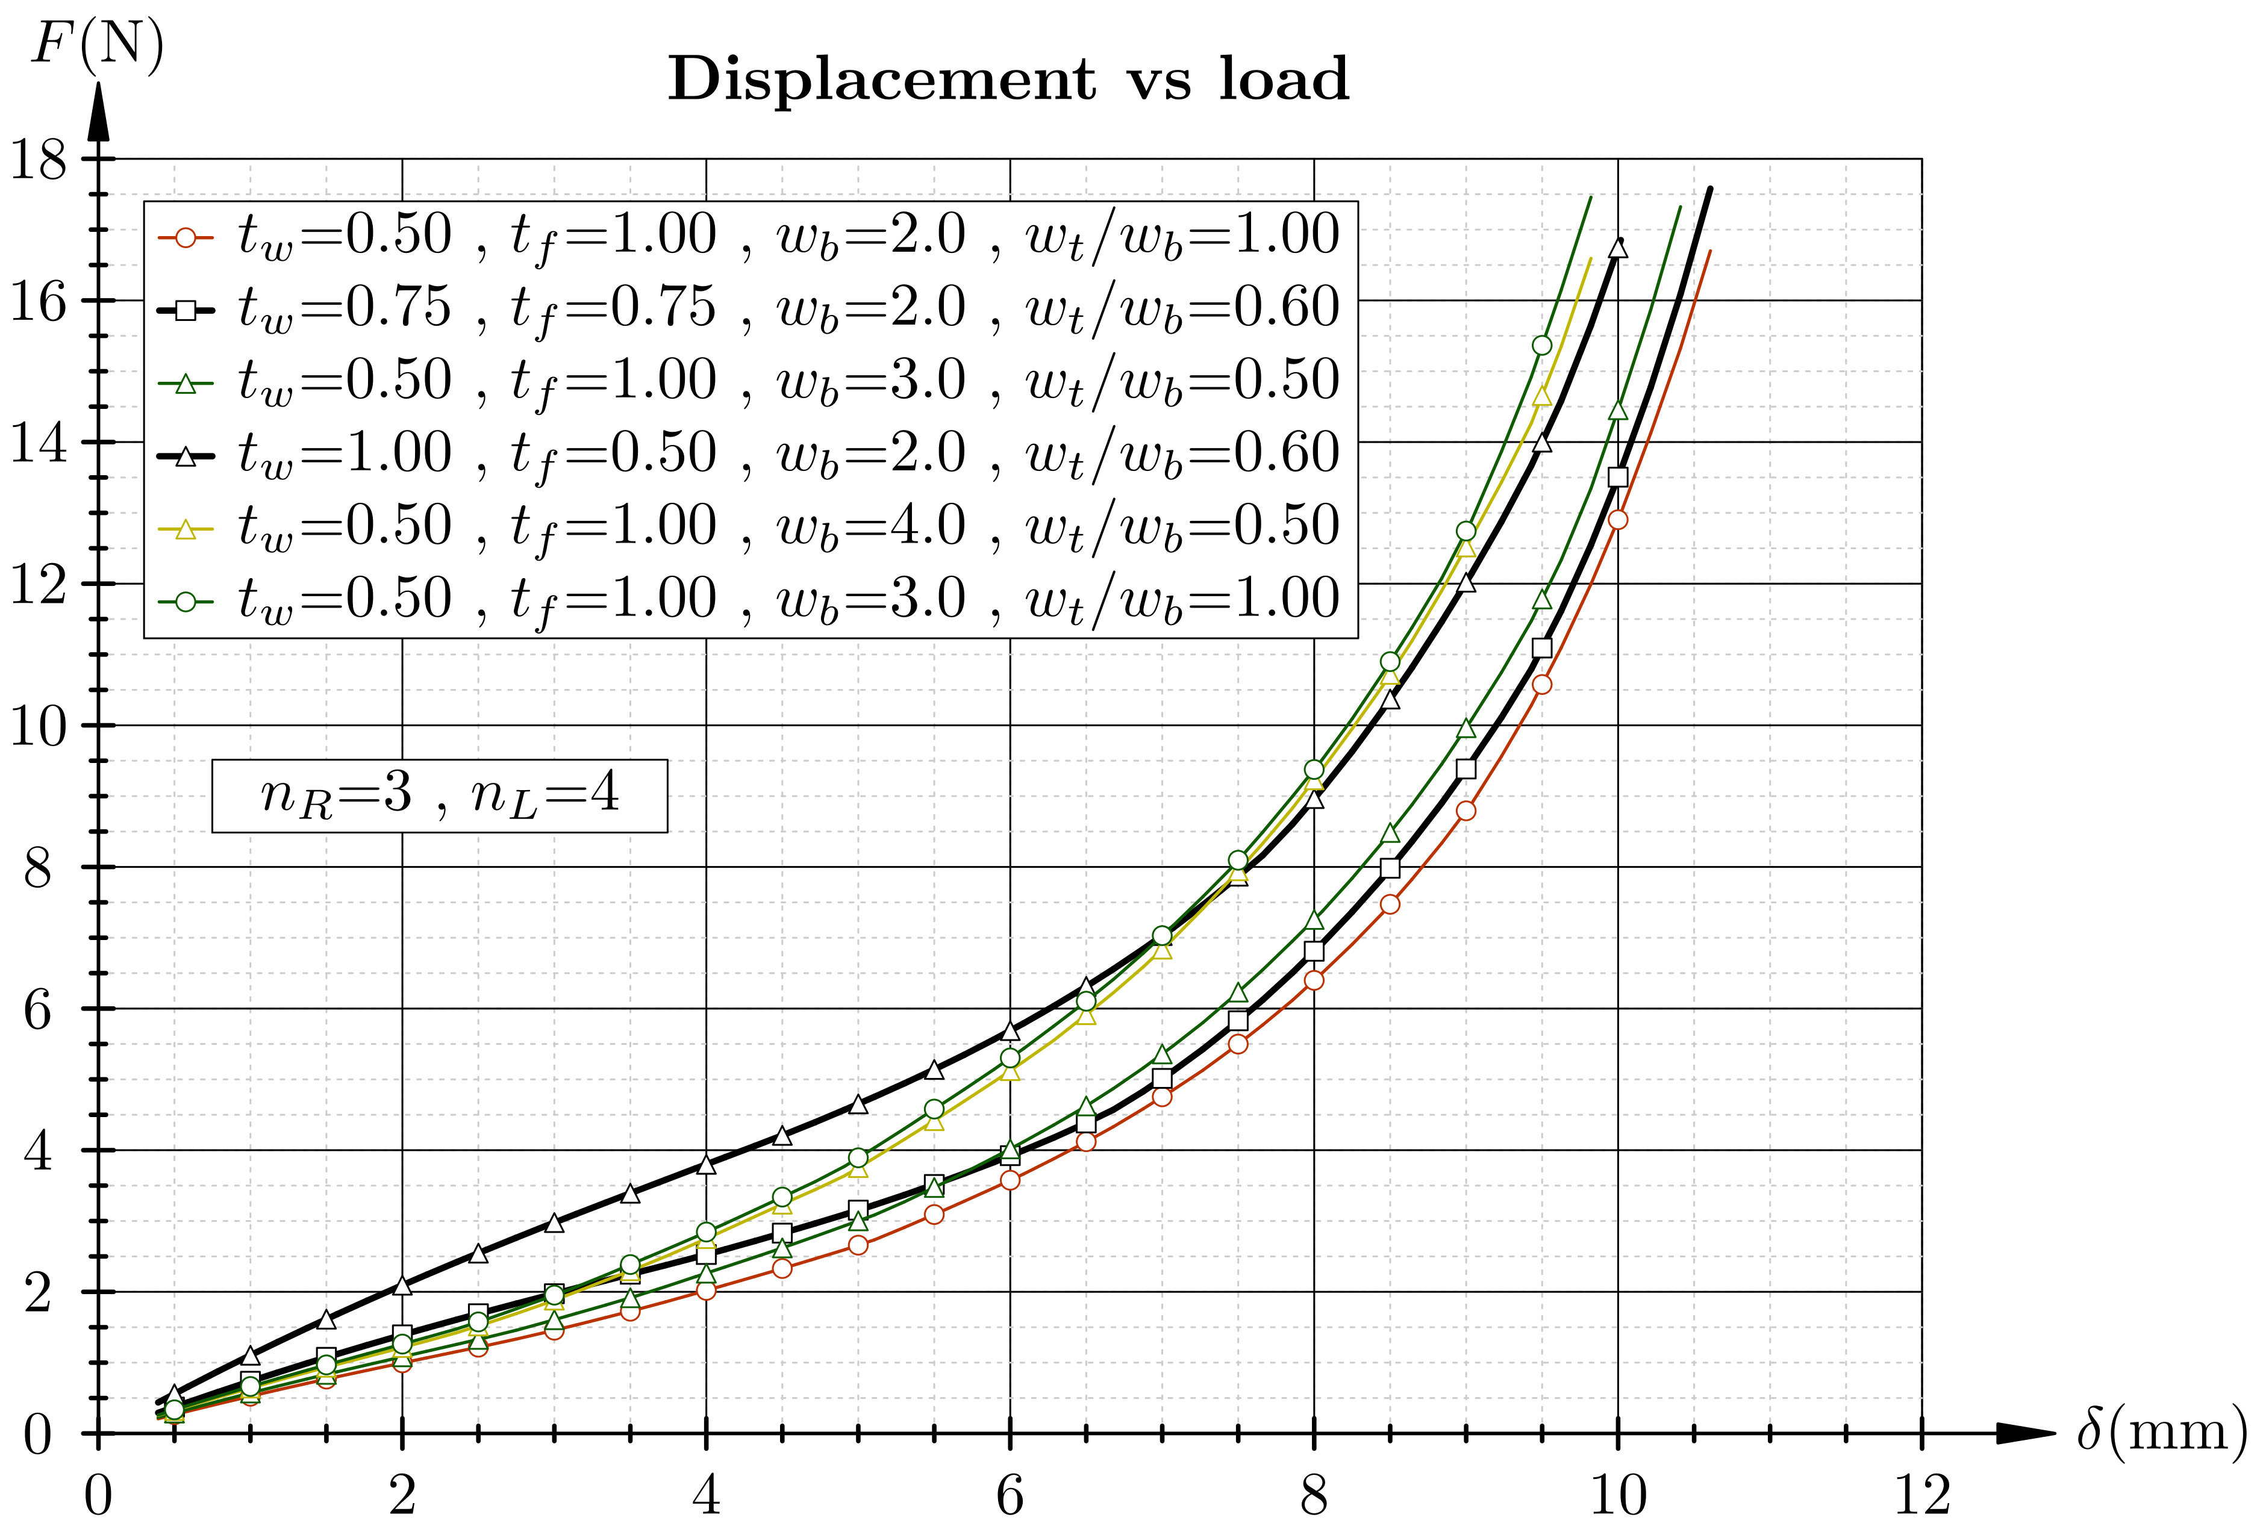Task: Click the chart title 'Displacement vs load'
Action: [x=1008, y=79]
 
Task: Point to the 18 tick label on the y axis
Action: [x=39, y=160]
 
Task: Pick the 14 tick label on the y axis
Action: [x=39, y=443]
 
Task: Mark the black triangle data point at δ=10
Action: [x=1618, y=249]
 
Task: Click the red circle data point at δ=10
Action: [x=1618, y=520]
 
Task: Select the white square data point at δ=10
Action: [x=1618, y=476]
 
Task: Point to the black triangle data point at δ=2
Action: [x=402, y=1285]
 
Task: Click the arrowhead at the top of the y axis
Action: [x=98, y=112]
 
